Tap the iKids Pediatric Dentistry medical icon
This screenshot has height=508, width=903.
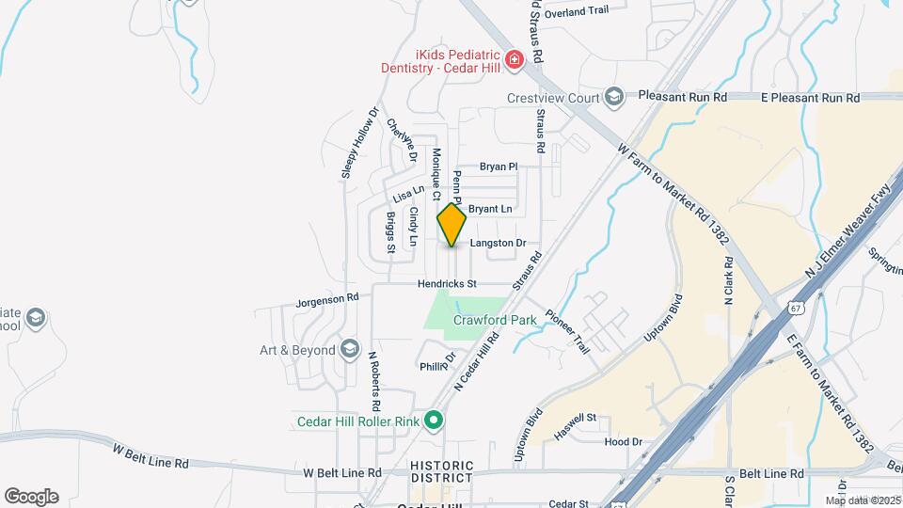coord(514,61)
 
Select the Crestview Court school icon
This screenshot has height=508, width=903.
coord(613,97)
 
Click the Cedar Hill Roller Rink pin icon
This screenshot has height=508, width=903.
coord(434,421)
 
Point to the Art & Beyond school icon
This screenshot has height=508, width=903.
coord(350,350)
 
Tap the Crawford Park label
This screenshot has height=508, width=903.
coord(495,320)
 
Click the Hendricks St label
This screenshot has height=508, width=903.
coord(448,283)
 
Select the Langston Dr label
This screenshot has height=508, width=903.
coord(497,243)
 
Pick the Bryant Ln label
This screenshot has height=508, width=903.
coord(490,208)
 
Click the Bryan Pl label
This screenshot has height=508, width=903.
coord(499,167)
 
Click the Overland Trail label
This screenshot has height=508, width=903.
coord(578,11)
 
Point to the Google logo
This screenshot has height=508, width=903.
coord(31,496)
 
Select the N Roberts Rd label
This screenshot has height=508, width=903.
coord(374,381)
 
